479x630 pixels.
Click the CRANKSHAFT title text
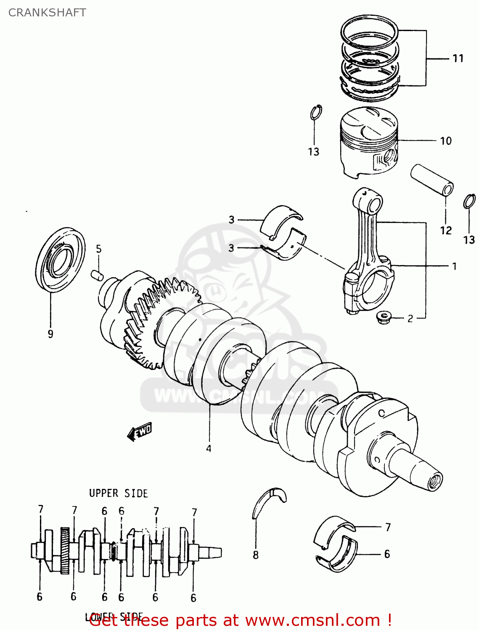coord(47,13)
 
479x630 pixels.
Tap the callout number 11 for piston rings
coord(458,58)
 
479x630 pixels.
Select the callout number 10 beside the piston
coord(446,141)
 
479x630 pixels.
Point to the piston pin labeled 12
coord(432,180)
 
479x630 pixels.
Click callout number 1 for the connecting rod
coord(454,266)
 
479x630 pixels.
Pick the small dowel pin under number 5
coord(97,275)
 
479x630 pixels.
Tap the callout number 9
coord(50,334)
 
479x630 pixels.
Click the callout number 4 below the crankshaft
coord(209,448)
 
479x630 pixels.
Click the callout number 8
coord(256,555)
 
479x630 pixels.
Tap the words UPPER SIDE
coord(118,493)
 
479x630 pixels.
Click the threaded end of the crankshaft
coord(435,480)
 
